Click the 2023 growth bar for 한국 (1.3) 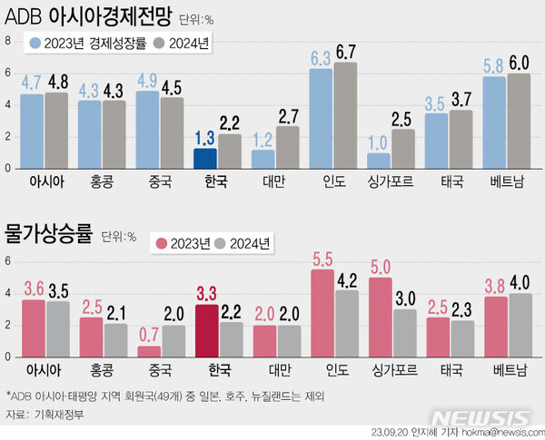click(204, 159)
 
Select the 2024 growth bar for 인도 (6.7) click(345, 115)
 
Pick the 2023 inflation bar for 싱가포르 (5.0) click(381, 317)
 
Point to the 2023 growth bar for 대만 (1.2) click(263, 160)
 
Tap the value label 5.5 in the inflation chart click(322, 259)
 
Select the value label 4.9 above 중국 click(147, 80)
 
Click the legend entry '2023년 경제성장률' click(86, 43)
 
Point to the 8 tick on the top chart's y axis click(6, 41)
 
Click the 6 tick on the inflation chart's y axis click(6, 261)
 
